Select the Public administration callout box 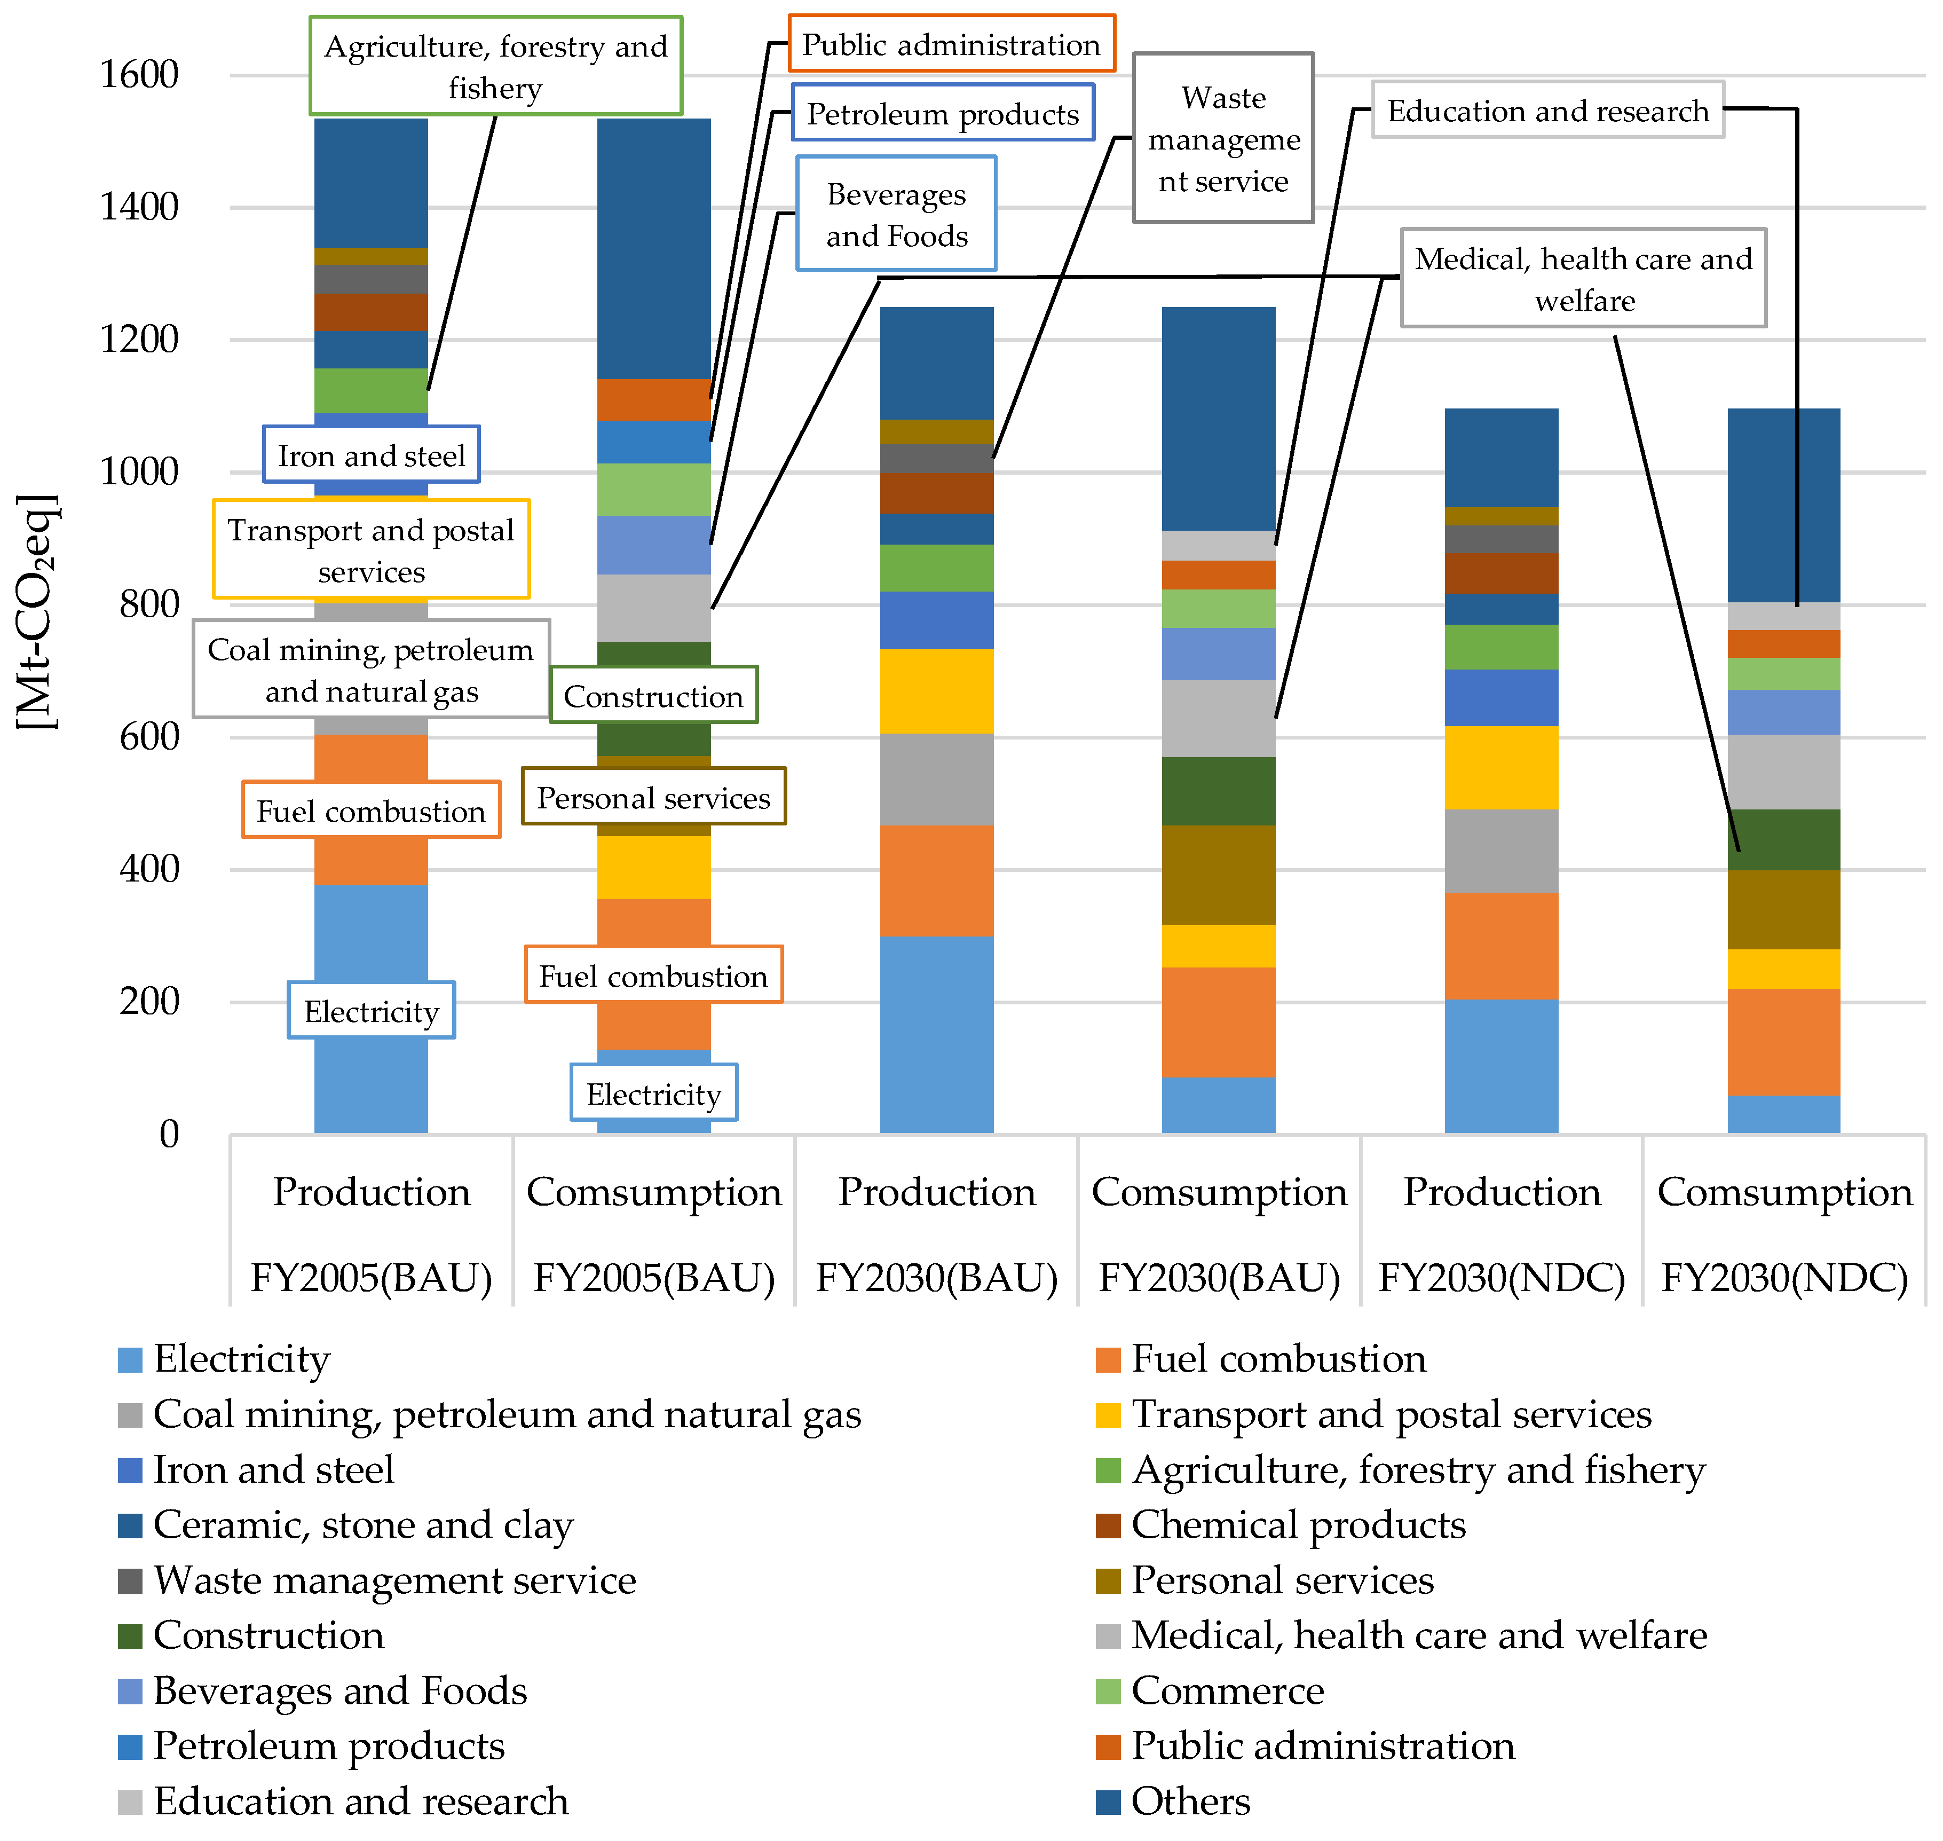951,44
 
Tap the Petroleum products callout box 942,114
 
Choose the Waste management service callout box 1223,138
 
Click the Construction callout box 653,696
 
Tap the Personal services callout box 653,797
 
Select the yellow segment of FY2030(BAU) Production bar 936,691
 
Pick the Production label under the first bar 371,1191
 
